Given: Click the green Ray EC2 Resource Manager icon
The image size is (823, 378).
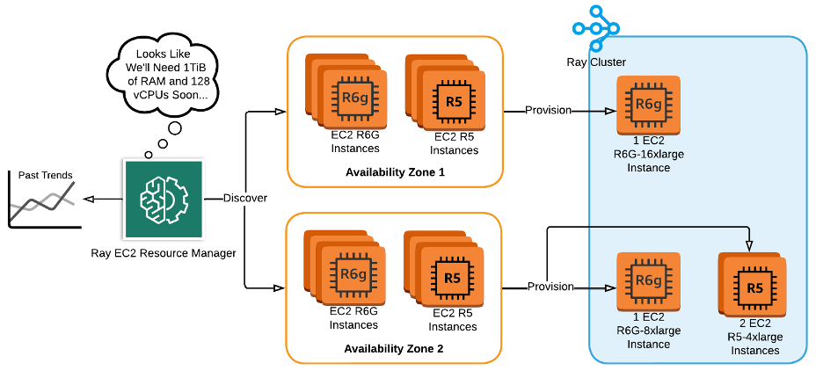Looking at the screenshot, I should click(164, 199).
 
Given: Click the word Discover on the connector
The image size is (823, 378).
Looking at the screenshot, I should click(244, 198).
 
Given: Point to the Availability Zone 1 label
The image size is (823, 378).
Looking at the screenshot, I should click(394, 171).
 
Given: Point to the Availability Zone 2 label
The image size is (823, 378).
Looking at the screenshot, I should click(394, 348).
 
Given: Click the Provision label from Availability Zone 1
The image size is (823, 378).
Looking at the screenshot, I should click(548, 110).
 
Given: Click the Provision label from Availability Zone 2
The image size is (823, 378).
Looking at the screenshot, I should click(550, 287).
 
